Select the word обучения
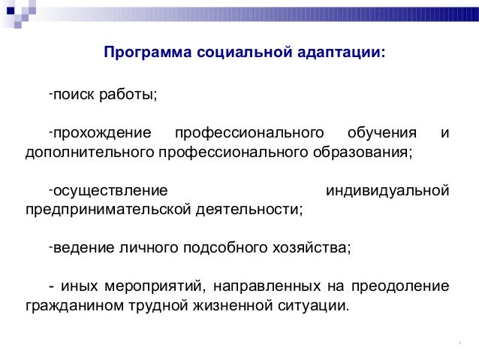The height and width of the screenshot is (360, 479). click(381, 134)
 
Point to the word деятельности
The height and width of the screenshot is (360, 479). click(255, 210)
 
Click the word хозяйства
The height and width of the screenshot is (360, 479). click(318, 248)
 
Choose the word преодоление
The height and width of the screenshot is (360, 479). click(405, 286)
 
